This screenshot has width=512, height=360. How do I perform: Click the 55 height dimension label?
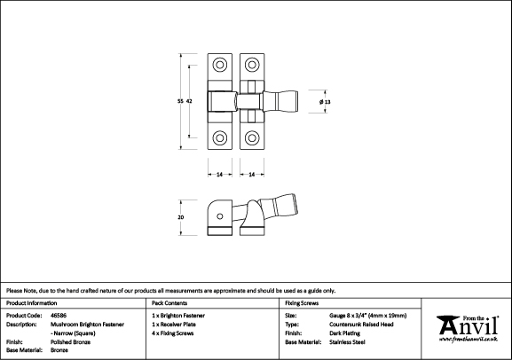(180, 101)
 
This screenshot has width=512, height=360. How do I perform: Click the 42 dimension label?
(189, 101)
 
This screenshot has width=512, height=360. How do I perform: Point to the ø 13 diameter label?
(325, 102)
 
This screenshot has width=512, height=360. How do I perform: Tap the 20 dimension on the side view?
(180, 217)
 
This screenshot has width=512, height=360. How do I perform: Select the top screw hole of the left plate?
(220, 65)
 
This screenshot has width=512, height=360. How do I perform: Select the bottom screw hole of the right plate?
(252, 137)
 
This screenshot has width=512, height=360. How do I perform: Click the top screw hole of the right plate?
(252, 65)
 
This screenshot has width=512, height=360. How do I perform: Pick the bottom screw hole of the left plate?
(220, 137)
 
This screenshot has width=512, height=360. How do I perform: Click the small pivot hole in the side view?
(220, 216)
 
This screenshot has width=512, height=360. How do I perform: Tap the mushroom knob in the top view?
(280, 101)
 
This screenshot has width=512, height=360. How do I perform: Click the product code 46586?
(59, 316)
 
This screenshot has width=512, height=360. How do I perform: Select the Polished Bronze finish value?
(70, 342)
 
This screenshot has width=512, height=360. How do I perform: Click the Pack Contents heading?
(169, 303)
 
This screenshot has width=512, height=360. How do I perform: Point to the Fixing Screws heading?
(302, 303)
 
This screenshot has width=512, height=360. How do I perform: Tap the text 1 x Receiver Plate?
(174, 325)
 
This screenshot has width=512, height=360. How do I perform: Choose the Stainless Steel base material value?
(347, 342)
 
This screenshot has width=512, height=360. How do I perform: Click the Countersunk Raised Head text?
(361, 325)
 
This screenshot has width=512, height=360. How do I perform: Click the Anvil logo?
(468, 329)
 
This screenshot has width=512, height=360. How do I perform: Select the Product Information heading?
(32, 303)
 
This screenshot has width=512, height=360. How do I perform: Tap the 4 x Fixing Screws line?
(173, 333)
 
